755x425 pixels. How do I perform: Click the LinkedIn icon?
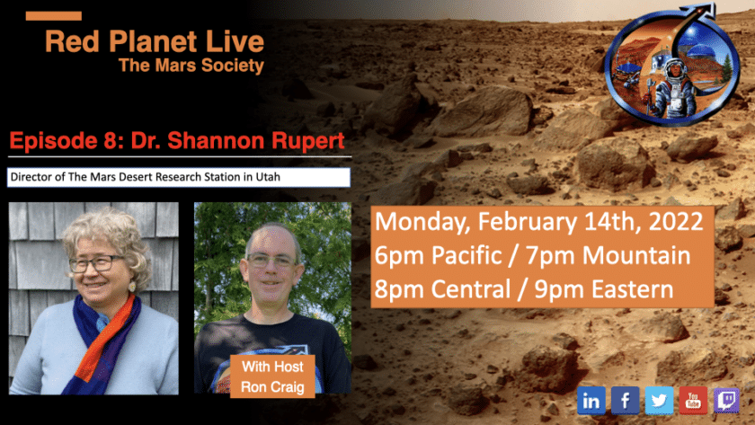click(x=591, y=401)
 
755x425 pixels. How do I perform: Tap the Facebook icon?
click(x=625, y=401)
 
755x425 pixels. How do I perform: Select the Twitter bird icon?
click(x=659, y=401)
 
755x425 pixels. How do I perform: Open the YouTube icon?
click(x=693, y=401)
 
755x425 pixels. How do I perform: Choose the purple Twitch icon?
click(x=726, y=401)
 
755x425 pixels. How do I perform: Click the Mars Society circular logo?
click(x=672, y=66)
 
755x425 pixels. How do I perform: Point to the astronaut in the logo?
click(x=673, y=89)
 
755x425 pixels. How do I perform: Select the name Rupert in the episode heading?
click(x=308, y=141)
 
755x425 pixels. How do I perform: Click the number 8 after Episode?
click(x=111, y=140)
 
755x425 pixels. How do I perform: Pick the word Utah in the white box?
click(x=268, y=177)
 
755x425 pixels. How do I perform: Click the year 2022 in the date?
click(x=676, y=221)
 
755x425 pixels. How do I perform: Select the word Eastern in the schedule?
click(x=632, y=289)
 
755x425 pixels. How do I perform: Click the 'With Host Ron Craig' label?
click(x=272, y=376)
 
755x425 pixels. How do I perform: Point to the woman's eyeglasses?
click(x=95, y=262)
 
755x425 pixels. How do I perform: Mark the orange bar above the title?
click(x=53, y=16)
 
